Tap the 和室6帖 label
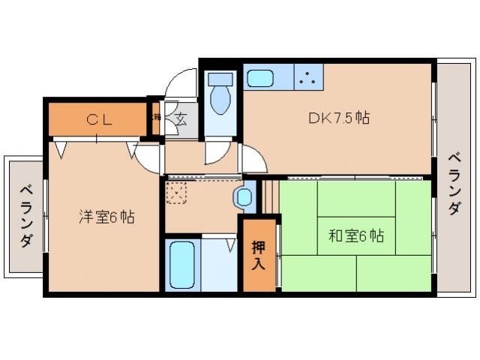tap(355, 236)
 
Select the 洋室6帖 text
tap(108, 218)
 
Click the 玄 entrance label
tap(181, 118)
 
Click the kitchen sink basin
tap(261, 77)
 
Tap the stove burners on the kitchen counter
tap(307, 76)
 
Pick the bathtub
tap(182, 265)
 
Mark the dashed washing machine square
tap(177, 192)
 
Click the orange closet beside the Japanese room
tap(258, 255)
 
